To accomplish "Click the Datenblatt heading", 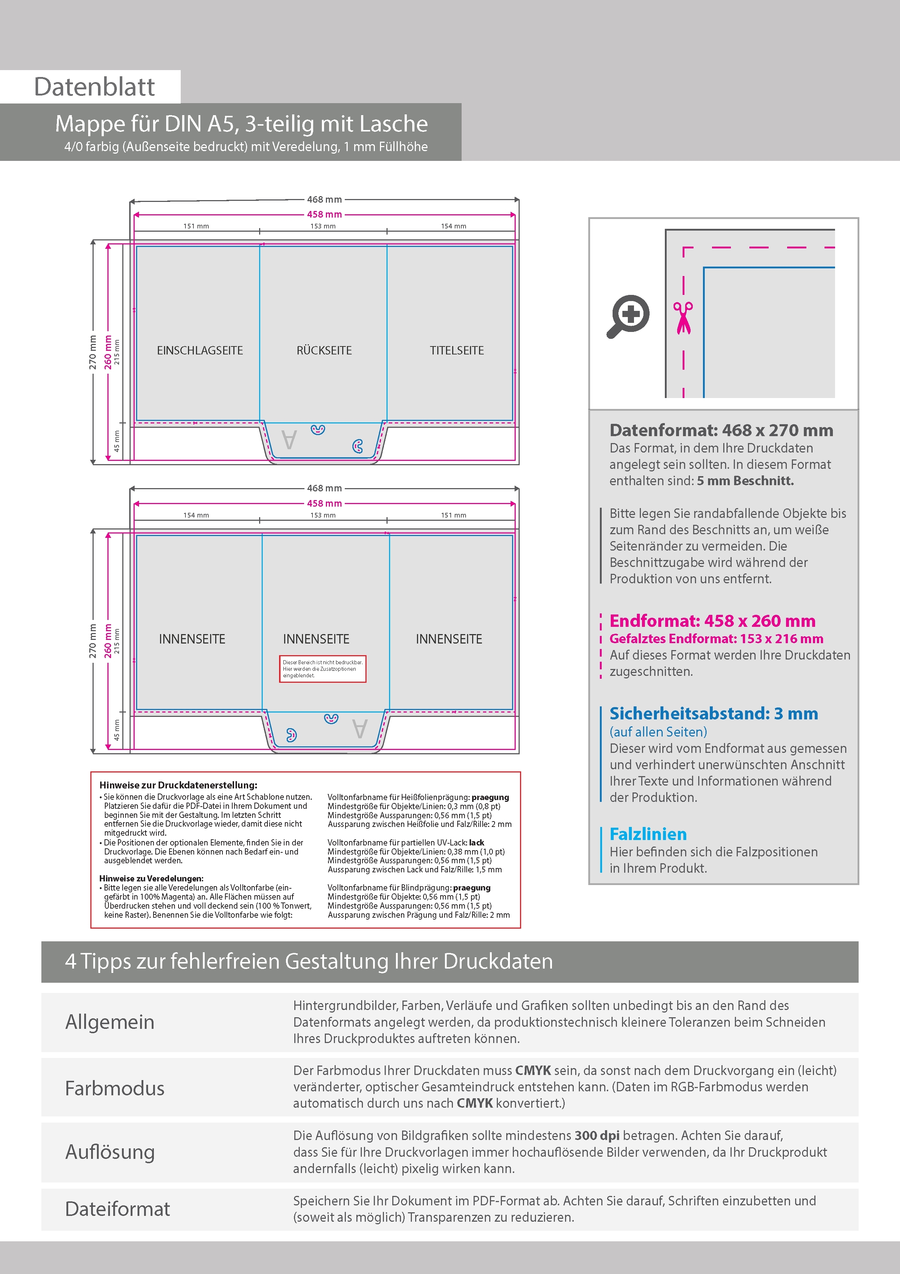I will pyautogui.click(x=94, y=87).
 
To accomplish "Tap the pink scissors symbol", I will pyautogui.click(x=683, y=317).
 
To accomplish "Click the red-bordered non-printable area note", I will pyautogui.click(x=322, y=669).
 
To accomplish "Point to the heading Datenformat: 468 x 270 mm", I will pyautogui.click(x=721, y=430).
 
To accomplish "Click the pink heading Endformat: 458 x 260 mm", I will pyautogui.click(x=712, y=621).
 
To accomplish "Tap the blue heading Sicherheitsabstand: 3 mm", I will pyautogui.click(x=713, y=714).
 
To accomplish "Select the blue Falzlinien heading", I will pyautogui.click(x=648, y=834).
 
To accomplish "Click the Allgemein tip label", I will pyautogui.click(x=110, y=1022).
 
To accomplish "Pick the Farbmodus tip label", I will pyautogui.click(x=114, y=1088).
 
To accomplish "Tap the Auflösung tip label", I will pyautogui.click(x=110, y=1152).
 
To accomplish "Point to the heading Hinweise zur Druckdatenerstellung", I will pyautogui.click(x=178, y=785).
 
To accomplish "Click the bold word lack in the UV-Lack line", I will pyautogui.click(x=476, y=842).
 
